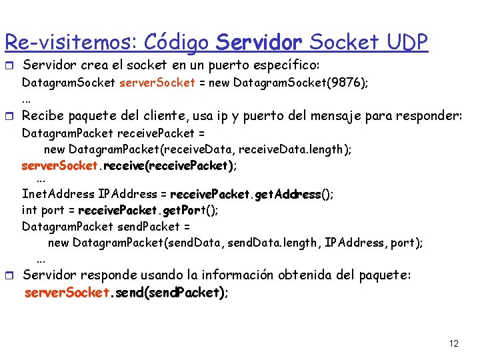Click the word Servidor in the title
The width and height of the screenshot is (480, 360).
(259, 42)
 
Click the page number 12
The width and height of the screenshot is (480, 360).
(454, 344)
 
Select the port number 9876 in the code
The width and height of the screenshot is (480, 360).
(348, 83)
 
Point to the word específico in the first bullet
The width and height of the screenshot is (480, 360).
(285, 66)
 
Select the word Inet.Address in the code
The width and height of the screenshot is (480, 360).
(58, 195)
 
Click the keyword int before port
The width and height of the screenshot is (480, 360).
(29, 211)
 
